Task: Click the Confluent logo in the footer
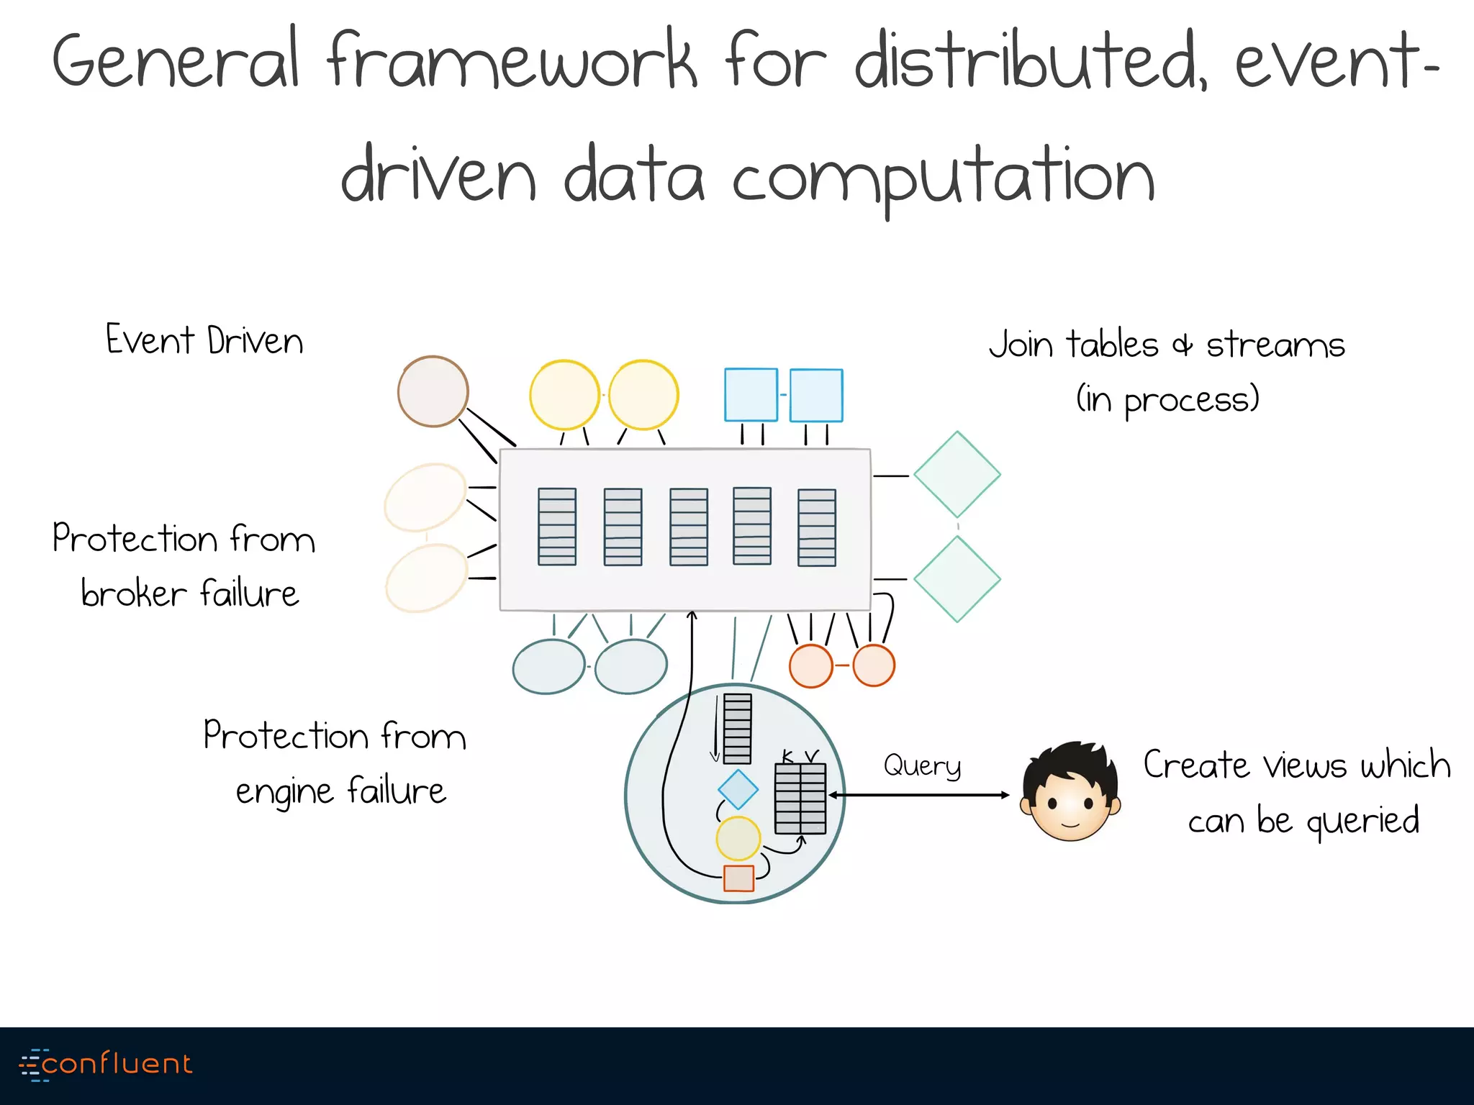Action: click(107, 1064)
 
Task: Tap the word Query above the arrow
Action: click(922, 765)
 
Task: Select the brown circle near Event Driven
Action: click(433, 391)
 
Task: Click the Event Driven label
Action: click(204, 340)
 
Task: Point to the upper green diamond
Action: click(957, 475)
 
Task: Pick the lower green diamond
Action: click(957, 579)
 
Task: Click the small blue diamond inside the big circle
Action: click(738, 789)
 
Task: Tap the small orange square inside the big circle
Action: click(738, 878)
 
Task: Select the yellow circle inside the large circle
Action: click(738, 838)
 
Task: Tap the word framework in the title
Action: click(512, 61)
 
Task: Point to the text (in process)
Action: click(1167, 399)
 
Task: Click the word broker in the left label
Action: click(134, 594)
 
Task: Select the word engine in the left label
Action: click(284, 792)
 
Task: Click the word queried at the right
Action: click(1362, 821)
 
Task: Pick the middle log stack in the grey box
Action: click(689, 527)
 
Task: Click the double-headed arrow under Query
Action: click(919, 795)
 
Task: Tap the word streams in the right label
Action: click(1275, 345)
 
